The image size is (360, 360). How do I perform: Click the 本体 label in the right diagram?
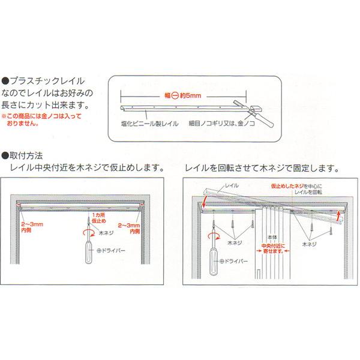[x=274, y=235]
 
